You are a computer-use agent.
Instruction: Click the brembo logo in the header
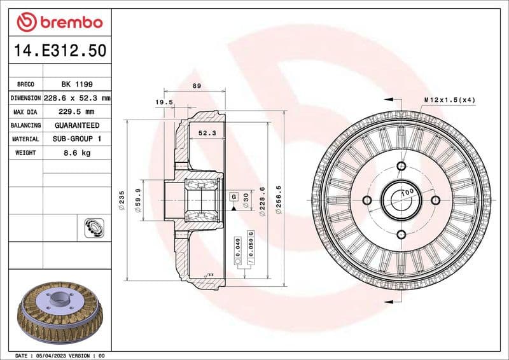[x=59, y=22]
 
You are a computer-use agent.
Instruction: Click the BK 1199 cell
[x=76, y=84]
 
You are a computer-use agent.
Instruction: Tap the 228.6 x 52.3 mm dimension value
[x=76, y=98]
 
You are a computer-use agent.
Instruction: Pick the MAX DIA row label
[x=25, y=112]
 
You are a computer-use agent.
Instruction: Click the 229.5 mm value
[x=76, y=112]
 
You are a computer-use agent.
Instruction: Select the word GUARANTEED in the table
[x=76, y=125]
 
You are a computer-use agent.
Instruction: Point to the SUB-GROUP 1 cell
[x=76, y=139]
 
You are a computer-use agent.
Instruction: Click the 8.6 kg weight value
[x=76, y=153]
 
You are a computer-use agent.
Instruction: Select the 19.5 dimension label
[x=164, y=102]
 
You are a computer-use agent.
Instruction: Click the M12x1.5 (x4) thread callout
[x=449, y=100]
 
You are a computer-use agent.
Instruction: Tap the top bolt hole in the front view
[x=401, y=167]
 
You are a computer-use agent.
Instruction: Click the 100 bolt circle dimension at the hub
[x=407, y=191]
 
